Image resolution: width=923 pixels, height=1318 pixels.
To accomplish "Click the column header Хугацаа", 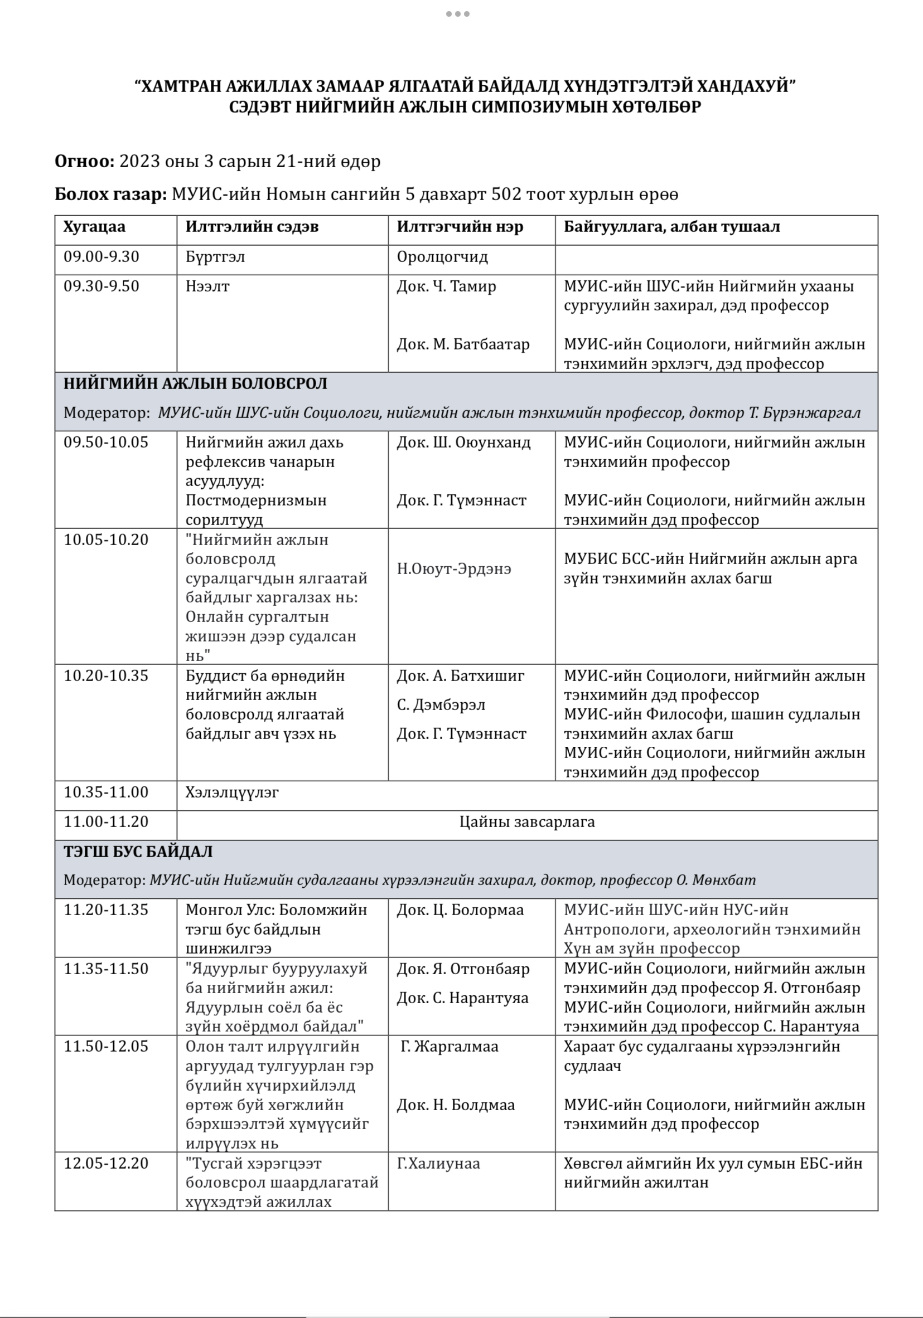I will pos(94,227).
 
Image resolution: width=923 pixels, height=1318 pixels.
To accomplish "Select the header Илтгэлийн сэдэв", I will pos(252,227).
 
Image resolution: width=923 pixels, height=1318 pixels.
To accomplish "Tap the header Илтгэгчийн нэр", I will pos(460,227).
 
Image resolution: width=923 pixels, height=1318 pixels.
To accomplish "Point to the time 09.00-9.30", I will pos(101,256).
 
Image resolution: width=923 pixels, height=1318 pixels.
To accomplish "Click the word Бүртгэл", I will pos(215,256).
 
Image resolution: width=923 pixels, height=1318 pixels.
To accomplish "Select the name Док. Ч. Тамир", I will pos(446,286).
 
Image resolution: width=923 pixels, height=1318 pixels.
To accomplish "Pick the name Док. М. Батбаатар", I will pos(463,344).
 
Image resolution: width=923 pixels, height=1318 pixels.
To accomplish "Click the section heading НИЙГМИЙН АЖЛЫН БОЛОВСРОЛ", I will pos(195,383).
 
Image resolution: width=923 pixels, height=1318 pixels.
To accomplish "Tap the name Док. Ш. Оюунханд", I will pos(463,442).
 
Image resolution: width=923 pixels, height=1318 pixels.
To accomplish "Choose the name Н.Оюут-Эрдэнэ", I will pos(454,569).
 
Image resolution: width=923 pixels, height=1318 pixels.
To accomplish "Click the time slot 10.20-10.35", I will pos(105,675).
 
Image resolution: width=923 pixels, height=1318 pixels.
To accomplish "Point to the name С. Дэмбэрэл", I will pos(441,705).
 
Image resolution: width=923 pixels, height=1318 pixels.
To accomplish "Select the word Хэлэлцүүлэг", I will pos(232,793).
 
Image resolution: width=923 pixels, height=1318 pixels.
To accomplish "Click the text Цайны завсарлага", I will pos(526,822).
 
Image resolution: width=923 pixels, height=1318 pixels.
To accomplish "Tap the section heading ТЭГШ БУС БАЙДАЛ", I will pos(138,852).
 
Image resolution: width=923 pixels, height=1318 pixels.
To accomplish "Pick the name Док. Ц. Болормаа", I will pos(460,910).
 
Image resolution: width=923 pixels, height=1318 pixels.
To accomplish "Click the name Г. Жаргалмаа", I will pos(449,1047).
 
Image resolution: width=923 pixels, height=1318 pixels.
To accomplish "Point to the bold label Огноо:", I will pos(84,161).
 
